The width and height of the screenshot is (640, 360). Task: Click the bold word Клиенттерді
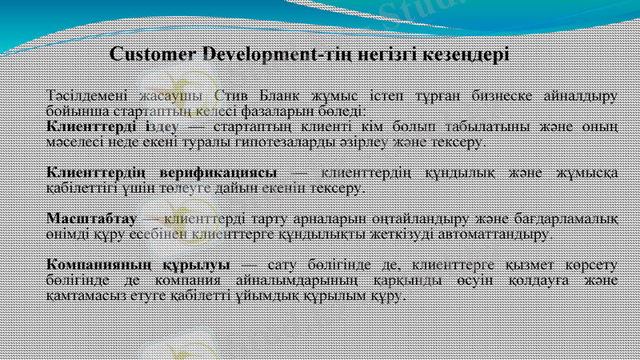[x=92, y=127]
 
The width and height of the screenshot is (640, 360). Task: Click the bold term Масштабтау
[x=92, y=218]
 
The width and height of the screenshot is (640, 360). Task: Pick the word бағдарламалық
[x=568, y=218]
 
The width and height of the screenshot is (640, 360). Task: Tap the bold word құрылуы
[x=198, y=264]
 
